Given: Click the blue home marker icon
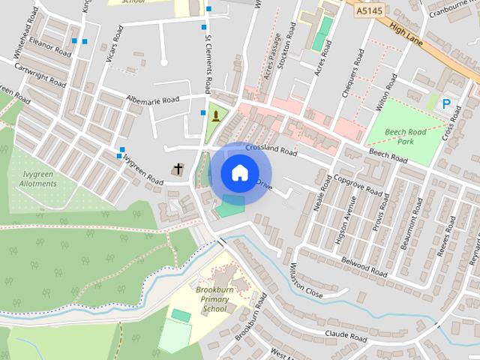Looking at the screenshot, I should click(x=238, y=173).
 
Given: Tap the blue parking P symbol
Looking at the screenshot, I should click(x=447, y=105).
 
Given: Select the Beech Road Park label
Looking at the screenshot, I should click(x=405, y=136).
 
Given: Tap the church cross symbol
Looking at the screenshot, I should click(x=178, y=169).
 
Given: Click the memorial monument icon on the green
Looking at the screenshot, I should click(x=216, y=115).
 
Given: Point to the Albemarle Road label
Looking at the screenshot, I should click(x=153, y=100).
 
